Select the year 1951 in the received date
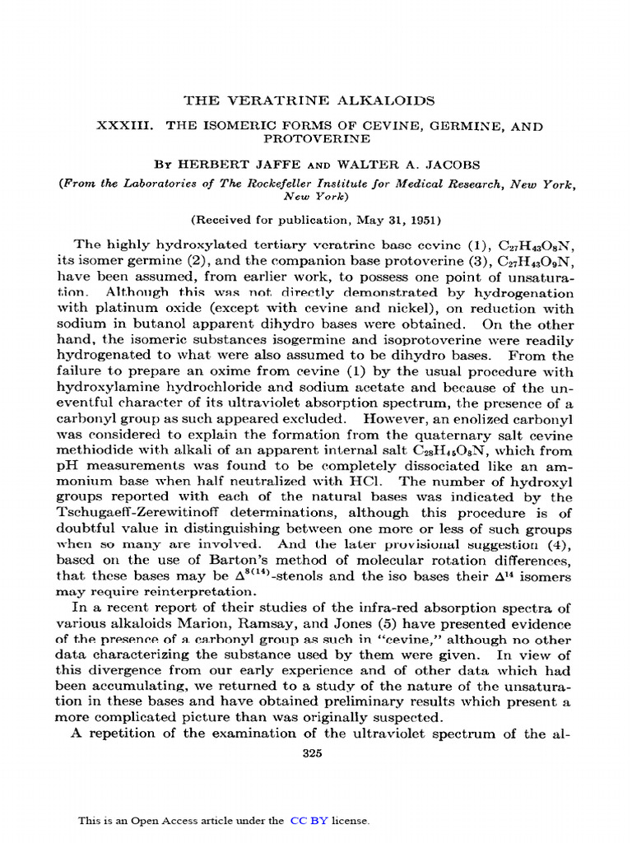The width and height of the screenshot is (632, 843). click(x=423, y=220)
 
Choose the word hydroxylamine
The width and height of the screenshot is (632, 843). click(x=109, y=388)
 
